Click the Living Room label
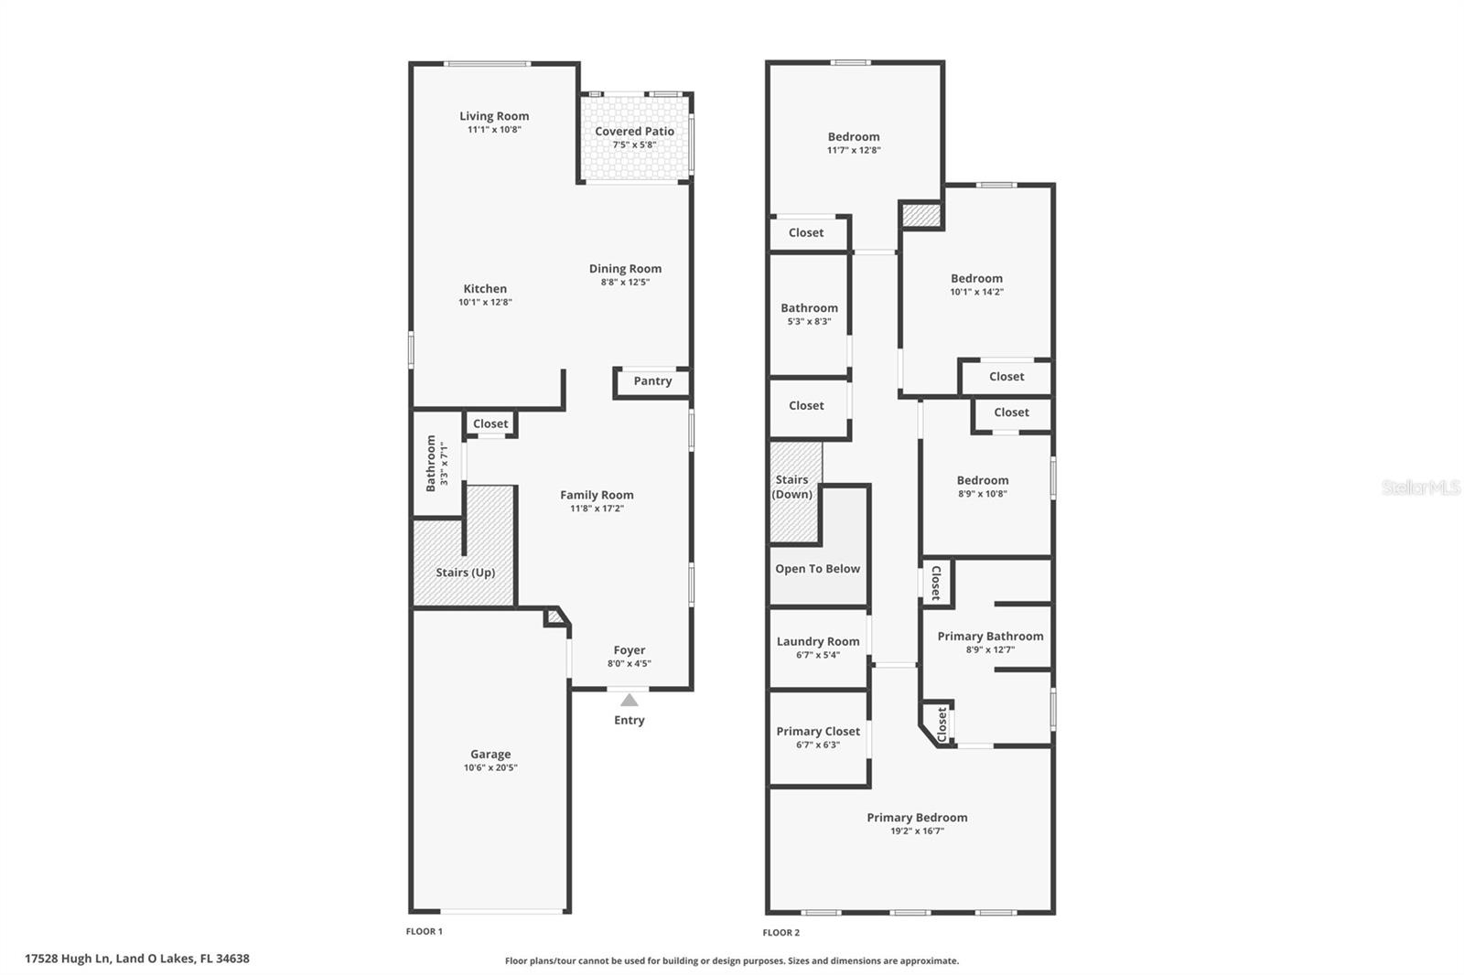pyautogui.click(x=494, y=116)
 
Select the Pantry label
pyautogui.click(x=652, y=381)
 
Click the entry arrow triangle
pyautogui.click(x=630, y=701)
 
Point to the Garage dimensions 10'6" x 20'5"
pyautogui.click(x=490, y=768)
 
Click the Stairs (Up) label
pyautogui.click(x=465, y=573)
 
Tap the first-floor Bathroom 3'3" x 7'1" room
pyautogui.click(x=436, y=464)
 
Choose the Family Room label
pyautogui.click(x=597, y=495)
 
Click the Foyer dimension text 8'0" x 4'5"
pyautogui.click(x=630, y=664)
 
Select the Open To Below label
pyautogui.click(x=817, y=569)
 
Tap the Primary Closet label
pyautogui.click(x=818, y=732)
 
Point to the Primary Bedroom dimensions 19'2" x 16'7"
pyautogui.click(x=917, y=831)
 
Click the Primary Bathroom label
pyautogui.click(x=990, y=637)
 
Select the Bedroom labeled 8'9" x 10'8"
pyautogui.click(x=983, y=486)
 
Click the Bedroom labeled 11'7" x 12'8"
pyautogui.click(x=854, y=142)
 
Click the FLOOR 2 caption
pyautogui.click(x=780, y=933)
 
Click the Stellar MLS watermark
pyautogui.click(x=1420, y=487)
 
